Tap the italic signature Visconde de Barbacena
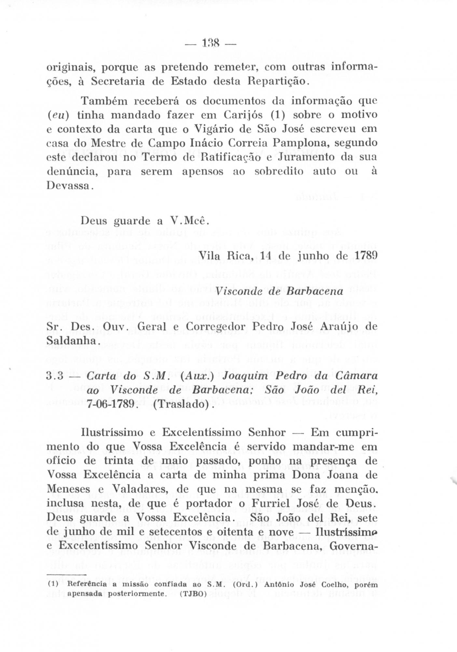(x=280, y=291)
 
